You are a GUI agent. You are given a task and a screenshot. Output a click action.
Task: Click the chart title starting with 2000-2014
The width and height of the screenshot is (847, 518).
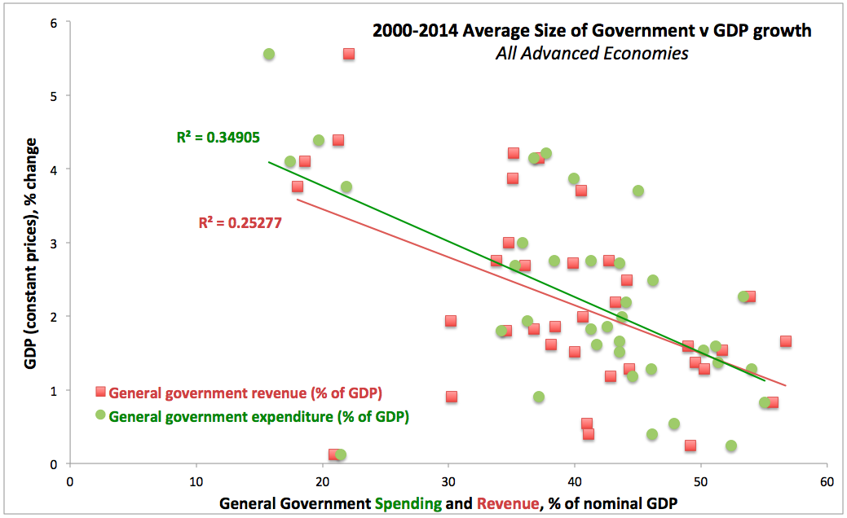[592, 32]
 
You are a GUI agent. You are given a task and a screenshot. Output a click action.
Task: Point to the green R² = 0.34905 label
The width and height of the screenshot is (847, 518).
[218, 138]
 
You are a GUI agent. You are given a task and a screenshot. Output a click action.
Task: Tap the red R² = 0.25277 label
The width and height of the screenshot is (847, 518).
[240, 222]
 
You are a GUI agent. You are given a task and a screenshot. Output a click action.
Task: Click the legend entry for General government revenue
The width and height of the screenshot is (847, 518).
[245, 393]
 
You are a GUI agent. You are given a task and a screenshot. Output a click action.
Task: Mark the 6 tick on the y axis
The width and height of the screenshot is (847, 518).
[53, 23]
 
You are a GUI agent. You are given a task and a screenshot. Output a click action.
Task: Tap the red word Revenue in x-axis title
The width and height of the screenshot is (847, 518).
[508, 504]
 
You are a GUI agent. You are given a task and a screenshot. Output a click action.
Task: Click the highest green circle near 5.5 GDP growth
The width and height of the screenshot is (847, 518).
[269, 55]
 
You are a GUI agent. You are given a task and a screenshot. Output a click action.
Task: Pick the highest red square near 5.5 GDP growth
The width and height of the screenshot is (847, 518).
[348, 54]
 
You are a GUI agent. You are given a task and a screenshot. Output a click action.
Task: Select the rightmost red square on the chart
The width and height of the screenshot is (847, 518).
[785, 341]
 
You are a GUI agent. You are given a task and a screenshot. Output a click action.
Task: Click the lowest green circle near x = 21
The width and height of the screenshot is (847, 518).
[340, 455]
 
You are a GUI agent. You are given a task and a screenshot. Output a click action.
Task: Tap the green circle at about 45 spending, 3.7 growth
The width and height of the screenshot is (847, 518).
[638, 191]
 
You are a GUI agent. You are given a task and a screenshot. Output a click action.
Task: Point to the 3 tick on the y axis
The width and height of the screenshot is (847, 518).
[53, 244]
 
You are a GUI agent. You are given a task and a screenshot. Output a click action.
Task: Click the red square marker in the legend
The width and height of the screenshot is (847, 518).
[100, 392]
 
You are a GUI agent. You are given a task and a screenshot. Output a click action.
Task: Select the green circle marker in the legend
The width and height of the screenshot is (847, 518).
[100, 415]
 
